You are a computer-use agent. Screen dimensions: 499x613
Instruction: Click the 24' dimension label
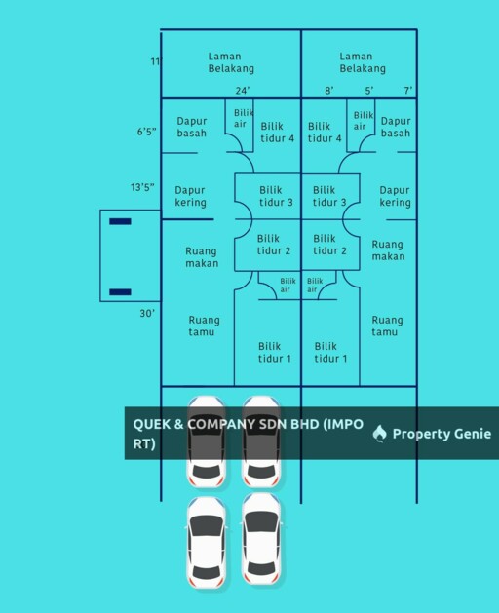(242, 91)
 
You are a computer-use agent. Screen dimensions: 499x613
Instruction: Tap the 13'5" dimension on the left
(142, 187)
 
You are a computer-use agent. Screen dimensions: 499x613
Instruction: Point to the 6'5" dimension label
(146, 132)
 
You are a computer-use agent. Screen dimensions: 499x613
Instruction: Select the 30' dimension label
(147, 313)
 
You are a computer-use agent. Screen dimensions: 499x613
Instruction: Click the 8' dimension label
(329, 91)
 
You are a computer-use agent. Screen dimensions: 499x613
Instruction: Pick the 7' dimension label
(408, 91)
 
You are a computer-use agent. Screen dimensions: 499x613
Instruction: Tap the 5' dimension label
(369, 91)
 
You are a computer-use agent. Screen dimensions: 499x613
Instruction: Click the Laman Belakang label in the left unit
(231, 62)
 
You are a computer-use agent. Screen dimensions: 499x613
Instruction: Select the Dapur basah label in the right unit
(396, 127)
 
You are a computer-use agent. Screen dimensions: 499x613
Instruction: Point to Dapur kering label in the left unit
(190, 196)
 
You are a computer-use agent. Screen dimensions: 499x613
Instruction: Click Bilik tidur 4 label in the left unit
(277, 133)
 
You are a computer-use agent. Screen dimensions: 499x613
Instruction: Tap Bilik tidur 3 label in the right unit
(329, 196)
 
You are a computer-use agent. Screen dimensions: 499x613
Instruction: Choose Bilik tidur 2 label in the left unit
(274, 245)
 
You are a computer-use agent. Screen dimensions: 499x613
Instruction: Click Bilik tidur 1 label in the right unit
(330, 352)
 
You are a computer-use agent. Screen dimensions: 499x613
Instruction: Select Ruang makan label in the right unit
(388, 250)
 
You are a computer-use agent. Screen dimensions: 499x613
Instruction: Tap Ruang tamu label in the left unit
(204, 326)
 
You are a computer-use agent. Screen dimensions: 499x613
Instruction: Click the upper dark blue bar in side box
(120, 221)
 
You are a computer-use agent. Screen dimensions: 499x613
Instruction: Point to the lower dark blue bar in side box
(120, 292)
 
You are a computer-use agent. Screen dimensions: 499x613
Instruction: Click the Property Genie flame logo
(379, 434)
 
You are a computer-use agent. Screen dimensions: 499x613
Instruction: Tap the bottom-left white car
(206, 542)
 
